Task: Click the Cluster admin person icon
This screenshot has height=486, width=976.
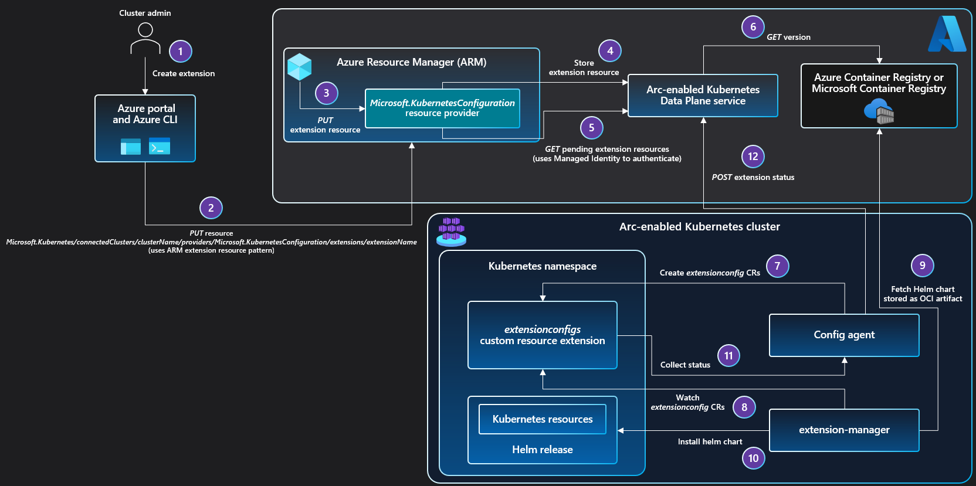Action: (x=145, y=38)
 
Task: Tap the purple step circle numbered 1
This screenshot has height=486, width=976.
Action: (x=180, y=52)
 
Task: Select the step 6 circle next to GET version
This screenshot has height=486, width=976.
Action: (x=753, y=27)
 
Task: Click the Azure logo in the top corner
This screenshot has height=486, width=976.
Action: (x=947, y=34)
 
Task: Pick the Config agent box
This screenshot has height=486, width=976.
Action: (x=843, y=335)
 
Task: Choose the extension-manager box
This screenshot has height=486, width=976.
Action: (x=843, y=430)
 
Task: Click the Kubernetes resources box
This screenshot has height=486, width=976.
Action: (x=542, y=419)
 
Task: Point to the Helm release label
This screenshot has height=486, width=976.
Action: (x=542, y=450)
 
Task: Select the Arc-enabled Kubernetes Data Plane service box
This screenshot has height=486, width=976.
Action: (x=703, y=96)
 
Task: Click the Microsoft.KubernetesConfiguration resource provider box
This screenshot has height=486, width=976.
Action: (x=442, y=108)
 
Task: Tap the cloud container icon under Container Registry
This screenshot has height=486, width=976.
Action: (x=879, y=111)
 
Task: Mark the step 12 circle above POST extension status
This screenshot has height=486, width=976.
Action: (x=753, y=157)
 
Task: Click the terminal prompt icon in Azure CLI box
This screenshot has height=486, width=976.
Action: (x=160, y=146)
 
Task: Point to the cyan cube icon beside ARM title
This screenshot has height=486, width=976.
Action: (x=299, y=67)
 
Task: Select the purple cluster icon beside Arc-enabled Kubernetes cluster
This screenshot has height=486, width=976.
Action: (x=451, y=232)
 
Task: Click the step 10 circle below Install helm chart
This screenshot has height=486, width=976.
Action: (x=753, y=458)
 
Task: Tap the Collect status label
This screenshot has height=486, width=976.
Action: (x=685, y=365)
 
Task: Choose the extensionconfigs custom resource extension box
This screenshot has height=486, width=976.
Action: (x=542, y=335)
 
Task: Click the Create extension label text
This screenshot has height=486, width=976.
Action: (x=184, y=73)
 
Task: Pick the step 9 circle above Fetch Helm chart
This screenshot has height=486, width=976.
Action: (x=922, y=266)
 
